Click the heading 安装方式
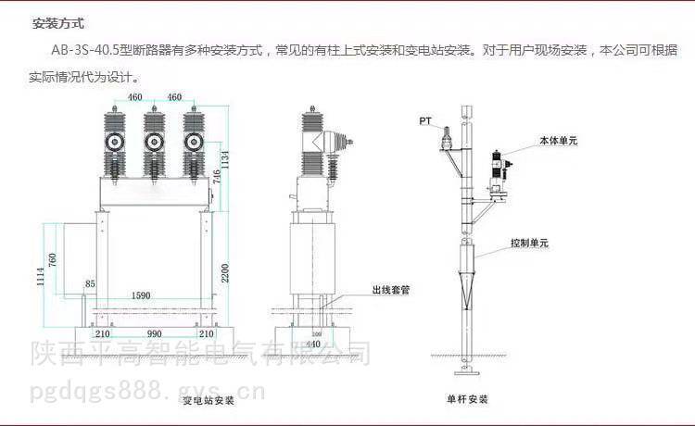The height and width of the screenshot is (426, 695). tap(58, 24)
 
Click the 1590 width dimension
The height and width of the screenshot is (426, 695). tap(141, 295)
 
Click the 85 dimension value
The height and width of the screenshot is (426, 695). tap(90, 283)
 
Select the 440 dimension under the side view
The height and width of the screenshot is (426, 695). tap(314, 344)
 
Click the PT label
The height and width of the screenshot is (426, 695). tap(424, 121)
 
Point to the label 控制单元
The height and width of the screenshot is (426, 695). tap(530, 244)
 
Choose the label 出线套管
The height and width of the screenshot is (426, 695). tap(390, 289)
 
